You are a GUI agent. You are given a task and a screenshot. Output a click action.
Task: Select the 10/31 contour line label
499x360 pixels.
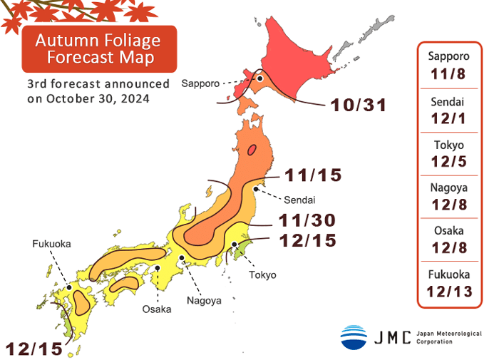(358, 106)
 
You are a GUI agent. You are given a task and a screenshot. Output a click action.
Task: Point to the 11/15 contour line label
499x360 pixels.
(313, 175)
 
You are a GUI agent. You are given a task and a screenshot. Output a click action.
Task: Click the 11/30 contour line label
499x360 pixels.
(307, 220)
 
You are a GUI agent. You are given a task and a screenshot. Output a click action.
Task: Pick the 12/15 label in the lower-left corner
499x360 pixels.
(34, 349)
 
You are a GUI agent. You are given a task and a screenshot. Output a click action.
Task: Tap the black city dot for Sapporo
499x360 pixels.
(261, 79)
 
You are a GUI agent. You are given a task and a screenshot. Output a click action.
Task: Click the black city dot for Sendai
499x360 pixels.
(256, 189)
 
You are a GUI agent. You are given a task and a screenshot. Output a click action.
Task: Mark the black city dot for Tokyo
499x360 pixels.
(235, 245)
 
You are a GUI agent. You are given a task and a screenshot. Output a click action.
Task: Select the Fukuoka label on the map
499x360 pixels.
(51, 244)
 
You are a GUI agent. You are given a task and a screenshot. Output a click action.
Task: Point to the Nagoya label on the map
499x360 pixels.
(204, 300)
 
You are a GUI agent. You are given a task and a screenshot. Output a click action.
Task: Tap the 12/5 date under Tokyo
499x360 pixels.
(448, 161)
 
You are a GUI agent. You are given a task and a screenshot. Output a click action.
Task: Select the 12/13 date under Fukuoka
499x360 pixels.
(448, 291)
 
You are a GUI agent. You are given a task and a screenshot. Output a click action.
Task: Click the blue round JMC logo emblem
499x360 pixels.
(354, 337)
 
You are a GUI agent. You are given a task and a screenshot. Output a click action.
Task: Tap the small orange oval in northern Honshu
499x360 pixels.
(252, 150)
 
